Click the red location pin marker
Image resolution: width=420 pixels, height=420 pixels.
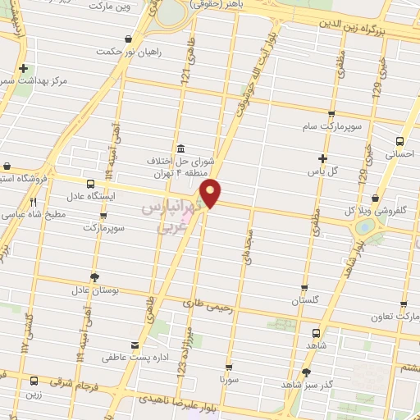tap(211, 192)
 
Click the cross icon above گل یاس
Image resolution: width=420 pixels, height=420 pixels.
tap(322, 158)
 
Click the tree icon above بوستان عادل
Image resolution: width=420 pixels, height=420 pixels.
tap(94, 276)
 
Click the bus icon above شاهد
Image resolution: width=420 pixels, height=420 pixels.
tap(317, 333)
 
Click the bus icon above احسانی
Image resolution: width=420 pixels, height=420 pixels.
tap(399, 140)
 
